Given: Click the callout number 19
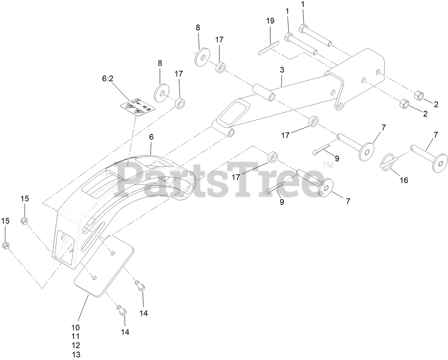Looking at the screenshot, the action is point(270,21).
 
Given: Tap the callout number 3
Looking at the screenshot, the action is point(282,70).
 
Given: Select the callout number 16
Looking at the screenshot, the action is point(403,180).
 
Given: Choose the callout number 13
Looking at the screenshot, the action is point(76,354).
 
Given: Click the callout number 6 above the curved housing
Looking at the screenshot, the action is point(151,137).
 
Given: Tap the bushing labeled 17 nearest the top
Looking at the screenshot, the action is point(220,67).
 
